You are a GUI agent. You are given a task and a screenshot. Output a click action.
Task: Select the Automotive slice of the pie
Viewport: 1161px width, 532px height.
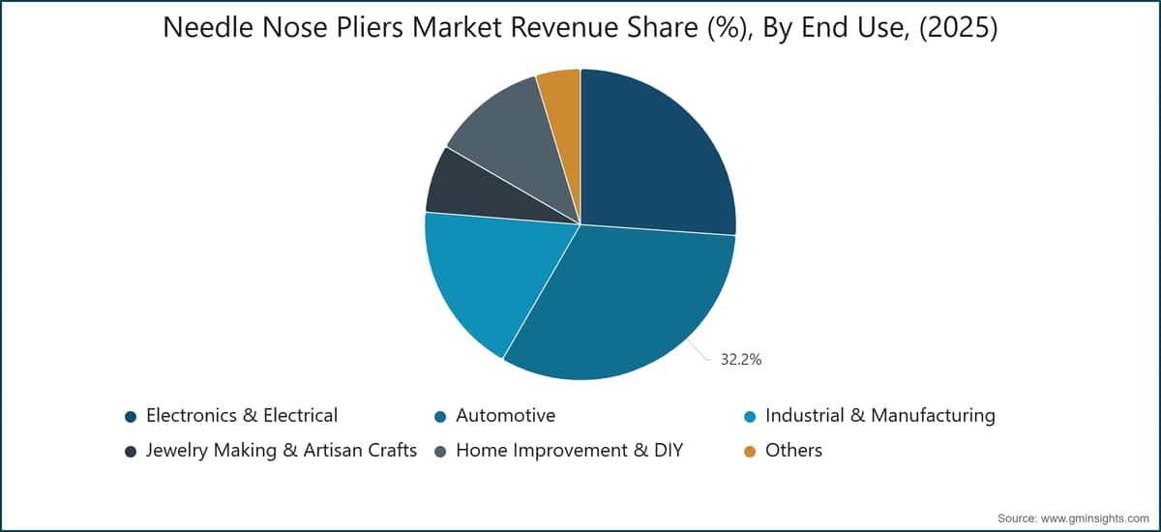(x=622, y=306)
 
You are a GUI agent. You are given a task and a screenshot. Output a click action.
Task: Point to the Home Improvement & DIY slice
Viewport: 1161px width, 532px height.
(x=519, y=134)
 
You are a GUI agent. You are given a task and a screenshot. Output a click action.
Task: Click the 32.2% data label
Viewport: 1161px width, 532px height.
(x=741, y=360)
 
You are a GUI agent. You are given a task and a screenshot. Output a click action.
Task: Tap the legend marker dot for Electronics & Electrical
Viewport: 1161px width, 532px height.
(x=131, y=417)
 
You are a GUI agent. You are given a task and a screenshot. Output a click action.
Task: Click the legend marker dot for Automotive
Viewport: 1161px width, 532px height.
(x=440, y=417)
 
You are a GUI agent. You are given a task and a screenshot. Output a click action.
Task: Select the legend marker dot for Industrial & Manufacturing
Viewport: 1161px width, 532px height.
(x=750, y=417)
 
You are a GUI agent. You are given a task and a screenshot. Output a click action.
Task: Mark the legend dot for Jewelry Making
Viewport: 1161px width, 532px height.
(x=131, y=451)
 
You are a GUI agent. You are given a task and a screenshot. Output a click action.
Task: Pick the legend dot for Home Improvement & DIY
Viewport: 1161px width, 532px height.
(x=440, y=451)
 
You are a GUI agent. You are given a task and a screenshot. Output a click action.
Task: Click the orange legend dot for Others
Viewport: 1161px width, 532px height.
(x=750, y=451)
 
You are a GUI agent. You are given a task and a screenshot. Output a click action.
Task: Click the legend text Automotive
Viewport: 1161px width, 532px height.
(x=505, y=416)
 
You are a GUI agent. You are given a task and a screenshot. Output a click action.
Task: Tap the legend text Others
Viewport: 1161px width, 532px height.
(x=793, y=450)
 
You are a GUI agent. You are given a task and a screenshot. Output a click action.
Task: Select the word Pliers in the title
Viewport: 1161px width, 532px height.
(x=370, y=27)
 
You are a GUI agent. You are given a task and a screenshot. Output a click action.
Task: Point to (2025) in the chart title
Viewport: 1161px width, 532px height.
(x=959, y=28)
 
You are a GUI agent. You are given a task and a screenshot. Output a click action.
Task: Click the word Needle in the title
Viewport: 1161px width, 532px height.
(x=208, y=27)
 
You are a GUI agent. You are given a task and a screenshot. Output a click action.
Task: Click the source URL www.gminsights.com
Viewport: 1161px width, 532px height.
(x=1094, y=518)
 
